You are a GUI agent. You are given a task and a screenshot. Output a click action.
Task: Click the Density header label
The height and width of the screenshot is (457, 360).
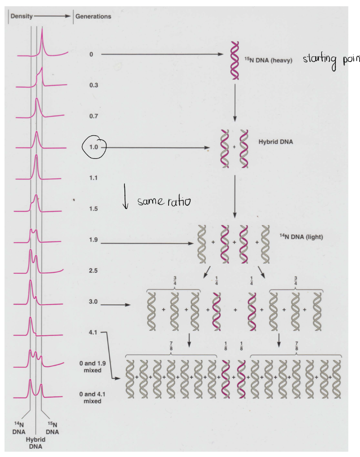(x=21, y=16)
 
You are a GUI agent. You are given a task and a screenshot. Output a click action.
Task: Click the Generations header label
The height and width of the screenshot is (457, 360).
(x=93, y=17)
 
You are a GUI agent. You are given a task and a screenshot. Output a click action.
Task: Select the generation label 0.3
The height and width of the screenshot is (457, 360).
(x=93, y=85)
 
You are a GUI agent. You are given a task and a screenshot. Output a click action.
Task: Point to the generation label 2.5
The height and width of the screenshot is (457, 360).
(x=93, y=270)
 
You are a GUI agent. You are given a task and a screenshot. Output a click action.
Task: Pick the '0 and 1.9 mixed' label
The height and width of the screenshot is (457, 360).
(x=92, y=367)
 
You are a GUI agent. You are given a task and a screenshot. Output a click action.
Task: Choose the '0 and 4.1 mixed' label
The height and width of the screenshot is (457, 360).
(x=92, y=398)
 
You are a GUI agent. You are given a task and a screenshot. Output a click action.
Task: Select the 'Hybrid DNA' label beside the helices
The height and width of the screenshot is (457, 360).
(x=275, y=141)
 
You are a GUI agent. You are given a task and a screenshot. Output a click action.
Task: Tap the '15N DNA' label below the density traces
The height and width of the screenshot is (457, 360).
(x=52, y=428)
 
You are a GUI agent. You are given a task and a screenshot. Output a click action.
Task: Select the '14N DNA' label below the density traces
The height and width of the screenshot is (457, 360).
(x=19, y=428)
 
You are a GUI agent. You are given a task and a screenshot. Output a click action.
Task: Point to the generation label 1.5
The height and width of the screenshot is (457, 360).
(x=93, y=208)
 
